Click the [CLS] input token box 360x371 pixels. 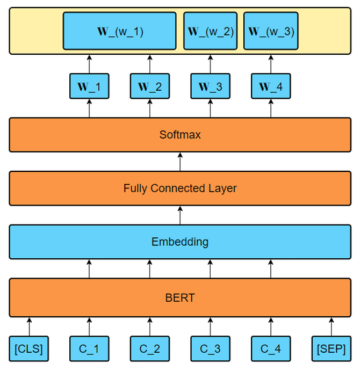tap(29, 348)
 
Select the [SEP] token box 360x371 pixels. tap(331, 348)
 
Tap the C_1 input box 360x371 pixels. tap(89, 348)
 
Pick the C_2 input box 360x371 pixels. tap(150, 348)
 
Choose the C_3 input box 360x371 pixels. tap(210, 348)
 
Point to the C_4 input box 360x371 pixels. tap(270, 348)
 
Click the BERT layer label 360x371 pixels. tap(180, 297)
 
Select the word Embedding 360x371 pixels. tap(180, 242)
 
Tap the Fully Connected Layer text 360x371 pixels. tap(180, 188)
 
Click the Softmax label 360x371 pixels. tap(180, 135)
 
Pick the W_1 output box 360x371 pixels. tap(89, 86)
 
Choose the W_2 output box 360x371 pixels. tap(150, 86)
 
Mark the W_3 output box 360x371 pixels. tap(210, 86)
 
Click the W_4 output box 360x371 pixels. tap(270, 86)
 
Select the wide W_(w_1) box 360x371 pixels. tap(119, 31)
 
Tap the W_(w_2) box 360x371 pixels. tap(211, 31)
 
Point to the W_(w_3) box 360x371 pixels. tap(271, 31)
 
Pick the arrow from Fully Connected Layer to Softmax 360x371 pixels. tap(180, 162)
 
